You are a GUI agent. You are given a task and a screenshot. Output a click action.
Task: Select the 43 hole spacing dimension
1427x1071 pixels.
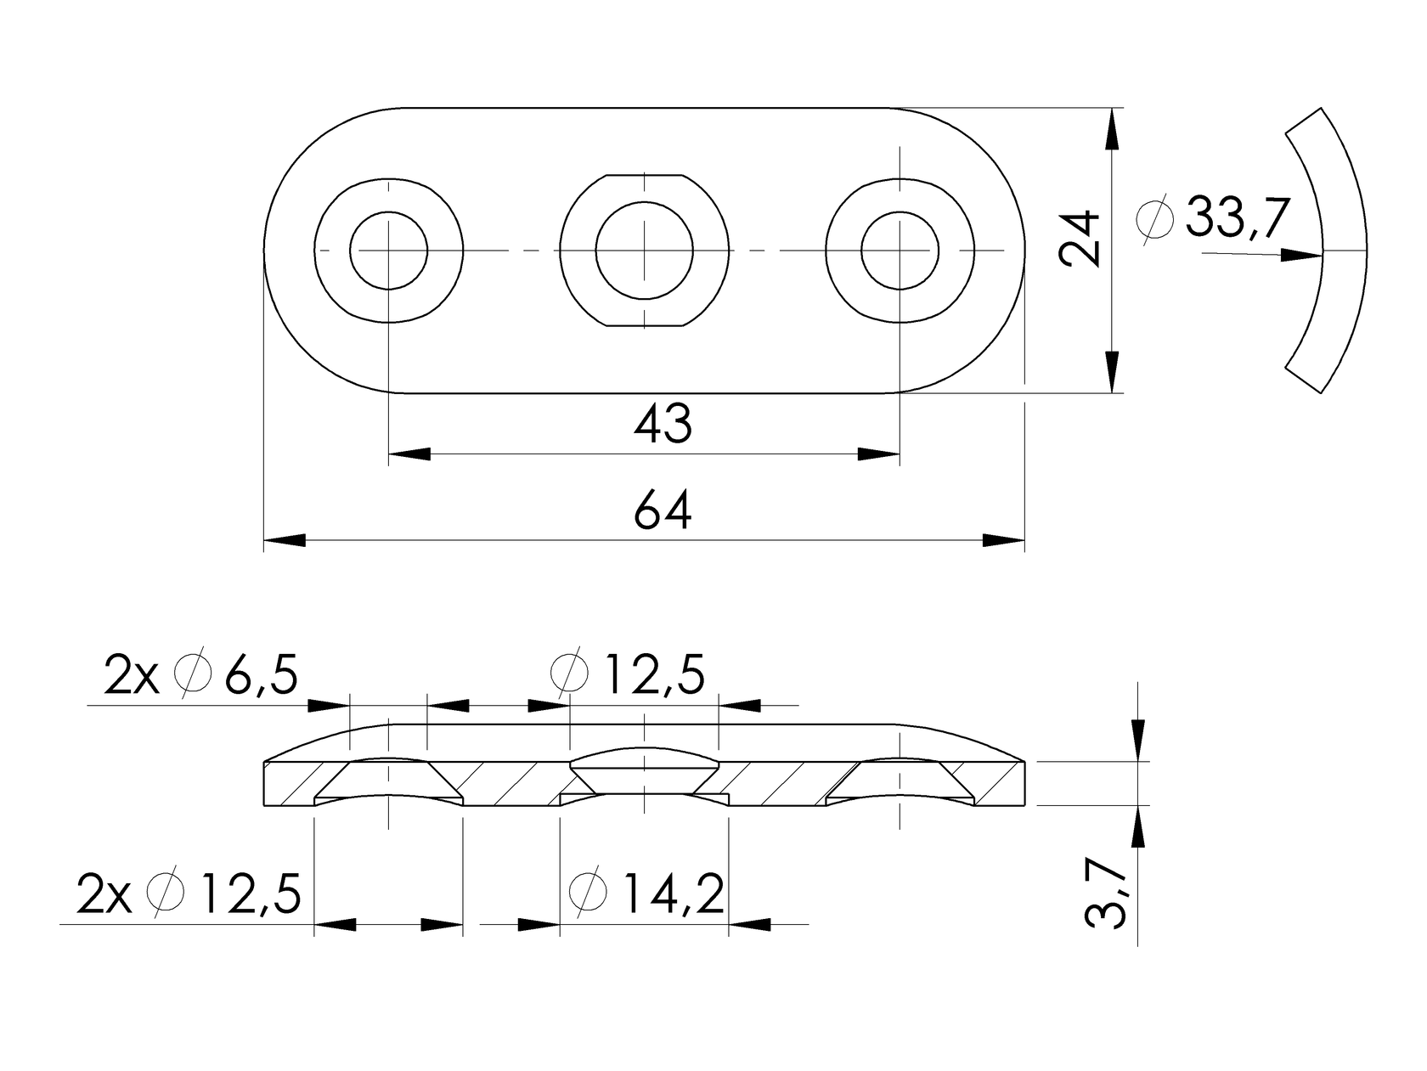[663, 424]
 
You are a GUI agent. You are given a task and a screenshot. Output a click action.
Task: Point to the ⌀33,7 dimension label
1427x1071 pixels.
[1213, 218]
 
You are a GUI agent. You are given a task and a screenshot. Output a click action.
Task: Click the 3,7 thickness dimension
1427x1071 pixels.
[1106, 892]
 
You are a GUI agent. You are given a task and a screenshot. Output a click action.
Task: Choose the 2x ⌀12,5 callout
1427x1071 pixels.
[189, 893]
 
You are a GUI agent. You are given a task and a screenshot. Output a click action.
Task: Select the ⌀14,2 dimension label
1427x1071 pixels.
[647, 893]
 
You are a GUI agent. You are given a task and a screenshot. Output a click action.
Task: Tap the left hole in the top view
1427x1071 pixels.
[389, 251]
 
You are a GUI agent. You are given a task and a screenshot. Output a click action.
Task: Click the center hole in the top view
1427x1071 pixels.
[645, 251]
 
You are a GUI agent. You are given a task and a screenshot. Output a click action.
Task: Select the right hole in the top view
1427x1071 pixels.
[900, 251]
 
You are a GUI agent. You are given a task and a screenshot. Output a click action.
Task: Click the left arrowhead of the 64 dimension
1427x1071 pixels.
[285, 540]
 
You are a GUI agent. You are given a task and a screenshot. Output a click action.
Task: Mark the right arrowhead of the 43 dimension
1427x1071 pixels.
[879, 454]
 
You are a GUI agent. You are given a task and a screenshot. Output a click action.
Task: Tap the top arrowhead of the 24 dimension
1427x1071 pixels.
[1112, 128]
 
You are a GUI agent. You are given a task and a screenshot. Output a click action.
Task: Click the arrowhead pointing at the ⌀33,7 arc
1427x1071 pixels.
[1302, 254]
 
